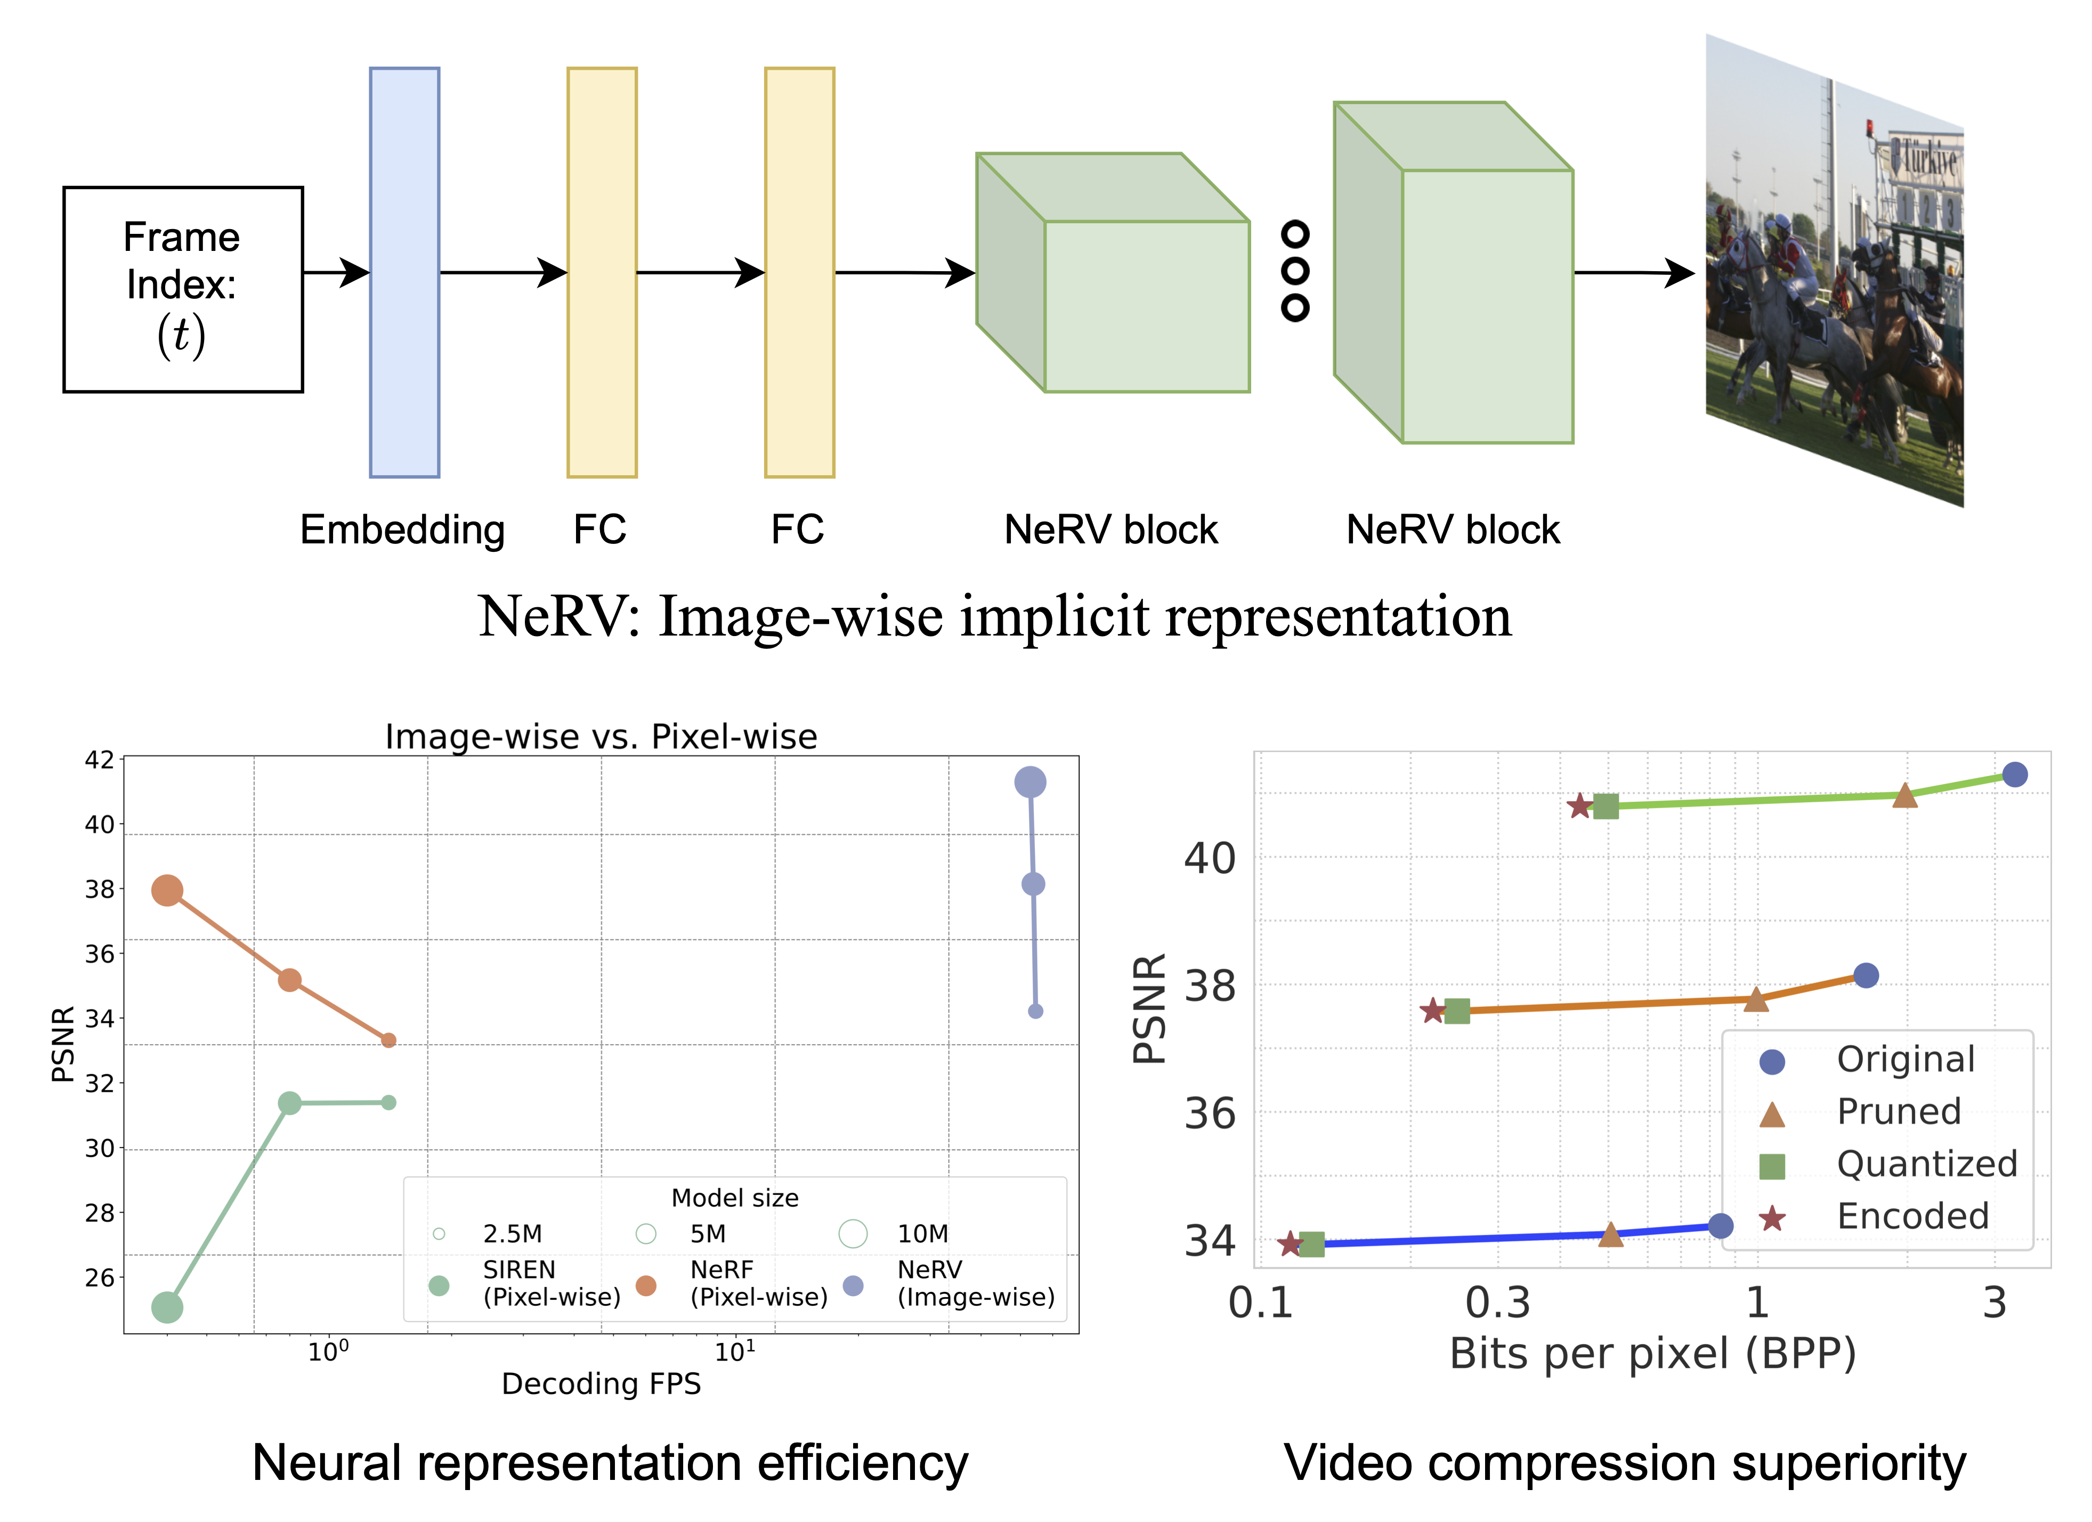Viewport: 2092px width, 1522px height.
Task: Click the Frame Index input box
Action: (x=183, y=290)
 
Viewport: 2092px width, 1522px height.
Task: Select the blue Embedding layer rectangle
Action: (x=404, y=272)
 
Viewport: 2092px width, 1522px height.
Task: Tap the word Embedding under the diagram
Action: (x=402, y=531)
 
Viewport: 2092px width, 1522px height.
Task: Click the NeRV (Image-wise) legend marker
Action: (x=853, y=1285)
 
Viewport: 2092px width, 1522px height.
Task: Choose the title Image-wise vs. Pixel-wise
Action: (x=601, y=736)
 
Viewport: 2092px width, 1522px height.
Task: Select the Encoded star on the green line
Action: (x=1579, y=806)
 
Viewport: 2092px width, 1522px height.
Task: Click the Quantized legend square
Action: (x=1772, y=1166)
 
